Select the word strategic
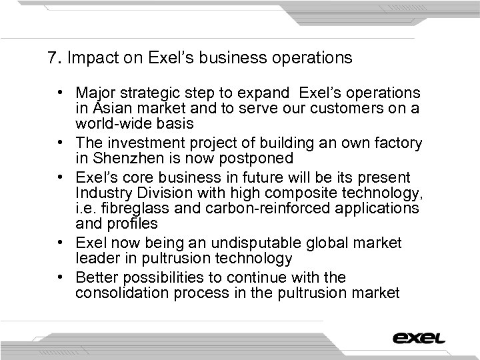point(141,91)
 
